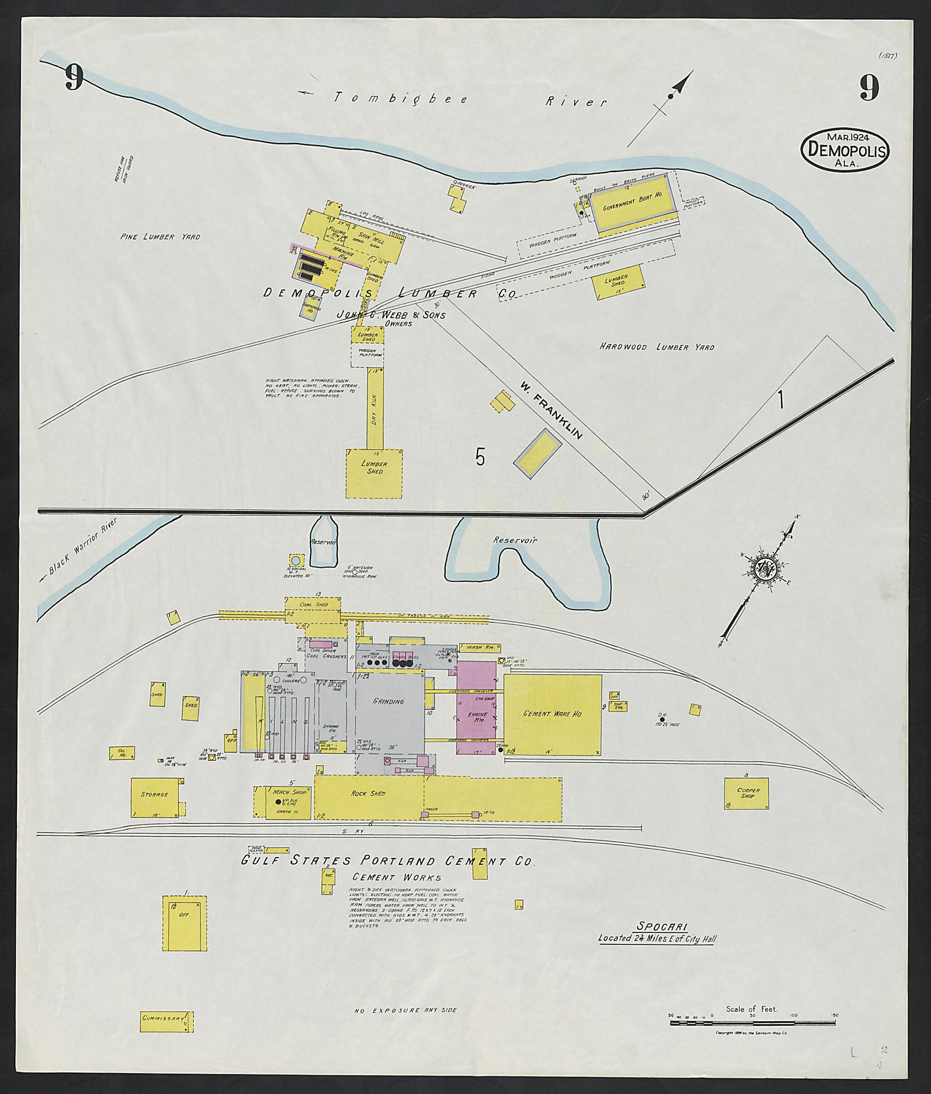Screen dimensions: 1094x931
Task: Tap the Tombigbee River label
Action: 470,99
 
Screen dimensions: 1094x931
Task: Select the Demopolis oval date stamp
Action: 845,150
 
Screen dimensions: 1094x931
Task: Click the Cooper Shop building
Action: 747,793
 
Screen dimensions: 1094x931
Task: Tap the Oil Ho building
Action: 121,753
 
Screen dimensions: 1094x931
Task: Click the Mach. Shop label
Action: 286,792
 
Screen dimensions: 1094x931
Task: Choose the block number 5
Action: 480,457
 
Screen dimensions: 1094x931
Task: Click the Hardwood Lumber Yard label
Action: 656,347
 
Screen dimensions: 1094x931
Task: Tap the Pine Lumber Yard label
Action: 160,237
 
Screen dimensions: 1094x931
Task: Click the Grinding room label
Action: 388,702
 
